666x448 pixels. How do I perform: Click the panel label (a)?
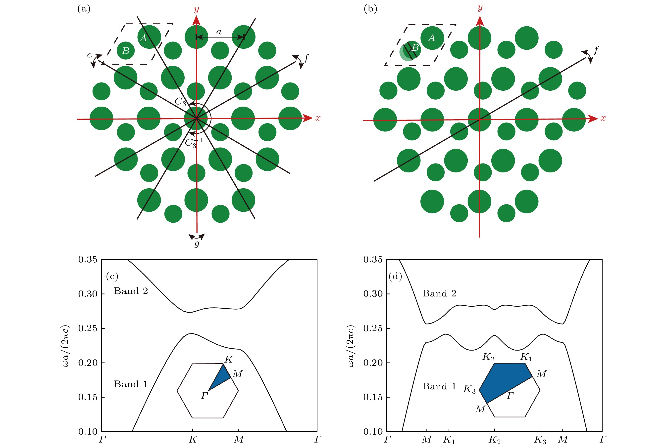click(84, 9)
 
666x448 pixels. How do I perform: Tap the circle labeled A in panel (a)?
click(149, 37)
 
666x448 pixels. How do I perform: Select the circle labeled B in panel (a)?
click(126, 51)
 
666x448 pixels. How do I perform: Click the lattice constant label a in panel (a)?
click(219, 32)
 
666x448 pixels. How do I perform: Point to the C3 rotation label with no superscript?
click(180, 101)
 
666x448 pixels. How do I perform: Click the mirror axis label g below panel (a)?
click(197, 244)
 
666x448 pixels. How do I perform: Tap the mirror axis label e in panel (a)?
click(90, 55)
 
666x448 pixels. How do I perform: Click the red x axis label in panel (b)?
click(603, 118)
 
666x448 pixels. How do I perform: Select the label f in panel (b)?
click(596, 50)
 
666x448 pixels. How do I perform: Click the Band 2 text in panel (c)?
click(131, 291)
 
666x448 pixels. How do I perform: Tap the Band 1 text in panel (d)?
click(439, 386)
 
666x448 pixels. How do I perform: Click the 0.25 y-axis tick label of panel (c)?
click(88, 328)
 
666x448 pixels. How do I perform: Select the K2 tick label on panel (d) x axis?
click(495, 440)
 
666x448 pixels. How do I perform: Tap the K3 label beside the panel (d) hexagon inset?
click(469, 389)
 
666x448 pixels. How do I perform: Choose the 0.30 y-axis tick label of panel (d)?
click(373, 294)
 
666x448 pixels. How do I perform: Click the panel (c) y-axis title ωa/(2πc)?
click(65, 346)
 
